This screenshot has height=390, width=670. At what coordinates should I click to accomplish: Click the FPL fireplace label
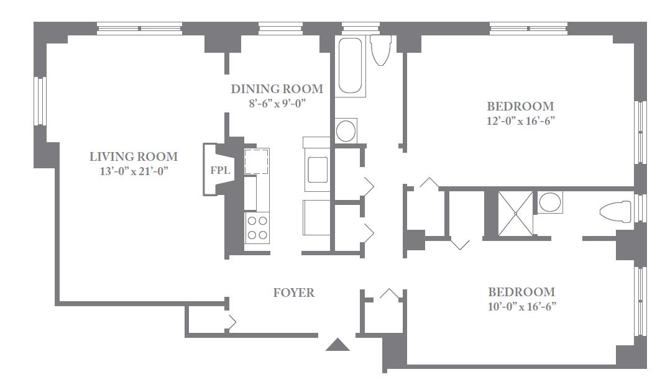click(220, 170)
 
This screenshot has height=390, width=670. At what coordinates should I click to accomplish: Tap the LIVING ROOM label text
click(133, 156)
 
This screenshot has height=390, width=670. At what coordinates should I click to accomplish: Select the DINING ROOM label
click(277, 89)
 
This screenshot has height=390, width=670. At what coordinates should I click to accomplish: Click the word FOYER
click(293, 292)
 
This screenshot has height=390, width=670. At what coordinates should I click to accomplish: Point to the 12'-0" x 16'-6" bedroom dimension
click(520, 121)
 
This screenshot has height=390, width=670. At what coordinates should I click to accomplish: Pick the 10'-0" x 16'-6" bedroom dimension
click(521, 307)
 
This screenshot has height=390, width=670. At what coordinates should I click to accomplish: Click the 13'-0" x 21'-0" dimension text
click(134, 171)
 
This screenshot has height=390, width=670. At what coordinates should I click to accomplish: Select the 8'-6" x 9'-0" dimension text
click(277, 103)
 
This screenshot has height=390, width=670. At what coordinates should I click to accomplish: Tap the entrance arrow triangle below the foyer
click(337, 344)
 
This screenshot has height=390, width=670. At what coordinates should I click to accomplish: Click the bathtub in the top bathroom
click(350, 65)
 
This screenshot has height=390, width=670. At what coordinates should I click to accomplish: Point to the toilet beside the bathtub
click(381, 50)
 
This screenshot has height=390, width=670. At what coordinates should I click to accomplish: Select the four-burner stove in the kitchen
click(257, 228)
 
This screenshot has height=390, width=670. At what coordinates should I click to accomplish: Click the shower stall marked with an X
click(515, 213)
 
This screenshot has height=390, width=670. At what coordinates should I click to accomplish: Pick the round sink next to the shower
click(549, 202)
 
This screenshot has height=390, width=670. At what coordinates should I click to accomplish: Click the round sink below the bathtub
click(346, 130)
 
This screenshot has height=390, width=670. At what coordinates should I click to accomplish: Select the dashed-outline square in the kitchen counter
click(256, 161)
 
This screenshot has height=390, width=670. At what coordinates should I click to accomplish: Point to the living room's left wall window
click(40, 101)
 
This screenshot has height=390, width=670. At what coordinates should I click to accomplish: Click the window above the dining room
click(281, 29)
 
